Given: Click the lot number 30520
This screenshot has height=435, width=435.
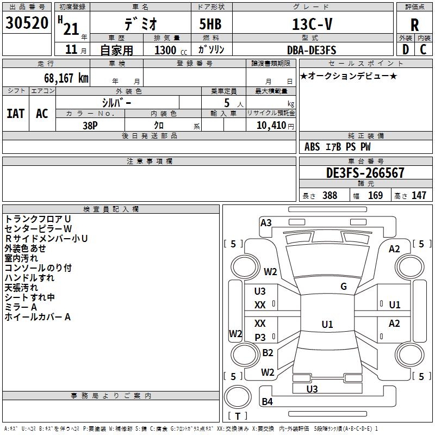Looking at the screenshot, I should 27,23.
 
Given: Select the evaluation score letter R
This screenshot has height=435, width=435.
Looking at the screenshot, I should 414,25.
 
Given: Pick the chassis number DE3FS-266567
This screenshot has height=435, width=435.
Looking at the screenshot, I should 365,173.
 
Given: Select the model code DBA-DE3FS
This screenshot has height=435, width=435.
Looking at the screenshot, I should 312,50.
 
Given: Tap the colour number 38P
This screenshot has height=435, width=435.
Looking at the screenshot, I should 90,125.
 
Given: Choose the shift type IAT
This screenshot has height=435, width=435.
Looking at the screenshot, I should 15,114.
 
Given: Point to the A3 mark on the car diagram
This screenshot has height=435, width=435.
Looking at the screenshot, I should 266,222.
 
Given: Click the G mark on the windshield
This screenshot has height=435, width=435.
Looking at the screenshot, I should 344,287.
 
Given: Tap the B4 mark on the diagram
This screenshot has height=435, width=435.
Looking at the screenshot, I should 267,402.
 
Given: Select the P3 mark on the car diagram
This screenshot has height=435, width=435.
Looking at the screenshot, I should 260,337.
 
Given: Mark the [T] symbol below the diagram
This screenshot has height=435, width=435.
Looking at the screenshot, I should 238,416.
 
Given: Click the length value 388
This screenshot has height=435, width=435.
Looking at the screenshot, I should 330,196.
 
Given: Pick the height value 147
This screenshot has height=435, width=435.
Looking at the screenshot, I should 419,196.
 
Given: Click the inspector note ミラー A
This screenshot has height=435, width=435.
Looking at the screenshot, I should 21,307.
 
